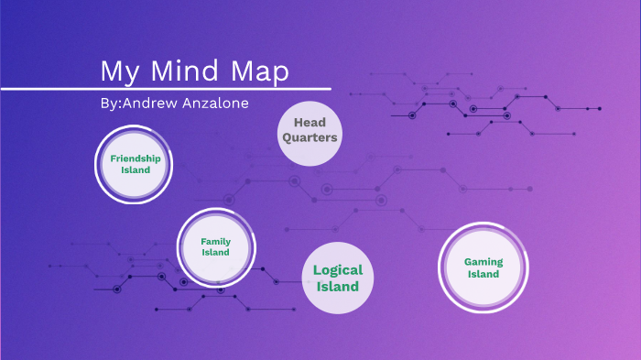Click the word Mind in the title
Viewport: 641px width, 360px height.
(x=182, y=71)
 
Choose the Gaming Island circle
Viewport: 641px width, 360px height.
(x=483, y=267)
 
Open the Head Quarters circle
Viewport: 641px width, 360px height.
(x=310, y=131)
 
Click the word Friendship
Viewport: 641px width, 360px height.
(x=136, y=158)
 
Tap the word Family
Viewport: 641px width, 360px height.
(x=216, y=242)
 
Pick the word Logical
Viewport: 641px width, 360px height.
(x=338, y=270)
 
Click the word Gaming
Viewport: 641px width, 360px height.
(x=483, y=261)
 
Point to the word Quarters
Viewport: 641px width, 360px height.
(x=310, y=138)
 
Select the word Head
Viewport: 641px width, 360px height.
(x=310, y=123)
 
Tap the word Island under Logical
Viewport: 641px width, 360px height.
(x=338, y=287)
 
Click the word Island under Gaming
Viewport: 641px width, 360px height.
(x=483, y=274)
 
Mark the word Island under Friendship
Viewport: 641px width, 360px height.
(x=136, y=170)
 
